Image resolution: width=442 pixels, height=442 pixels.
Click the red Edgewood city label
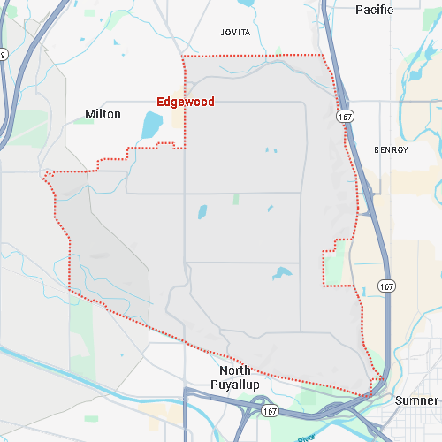point(185,102)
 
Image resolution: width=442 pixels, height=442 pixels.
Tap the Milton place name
point(103,114)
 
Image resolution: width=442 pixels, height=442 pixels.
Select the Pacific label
point(374,10)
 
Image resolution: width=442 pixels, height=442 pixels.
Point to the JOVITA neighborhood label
point(235,33)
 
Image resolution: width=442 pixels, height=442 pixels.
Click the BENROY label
point(391,150)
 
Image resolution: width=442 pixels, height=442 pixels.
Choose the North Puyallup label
point(235,377)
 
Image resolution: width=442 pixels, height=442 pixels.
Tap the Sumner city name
point(416,400)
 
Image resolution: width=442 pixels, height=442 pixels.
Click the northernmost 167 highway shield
point(345,116)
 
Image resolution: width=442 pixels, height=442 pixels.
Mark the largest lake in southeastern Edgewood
point(282,273)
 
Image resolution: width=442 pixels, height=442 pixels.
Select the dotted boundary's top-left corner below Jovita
point(183,57)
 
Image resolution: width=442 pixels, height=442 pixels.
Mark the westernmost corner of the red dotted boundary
point(44,176)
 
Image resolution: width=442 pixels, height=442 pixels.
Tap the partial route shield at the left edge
point(3,55)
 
